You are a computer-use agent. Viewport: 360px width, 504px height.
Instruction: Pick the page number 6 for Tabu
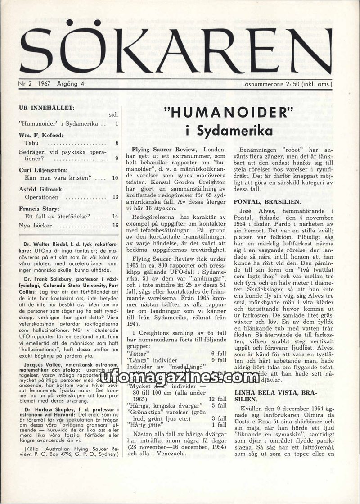point(117,143)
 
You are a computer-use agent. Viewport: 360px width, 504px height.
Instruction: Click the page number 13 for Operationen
point(115,197)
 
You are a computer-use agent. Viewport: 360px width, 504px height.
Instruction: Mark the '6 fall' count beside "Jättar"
point(219,354)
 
